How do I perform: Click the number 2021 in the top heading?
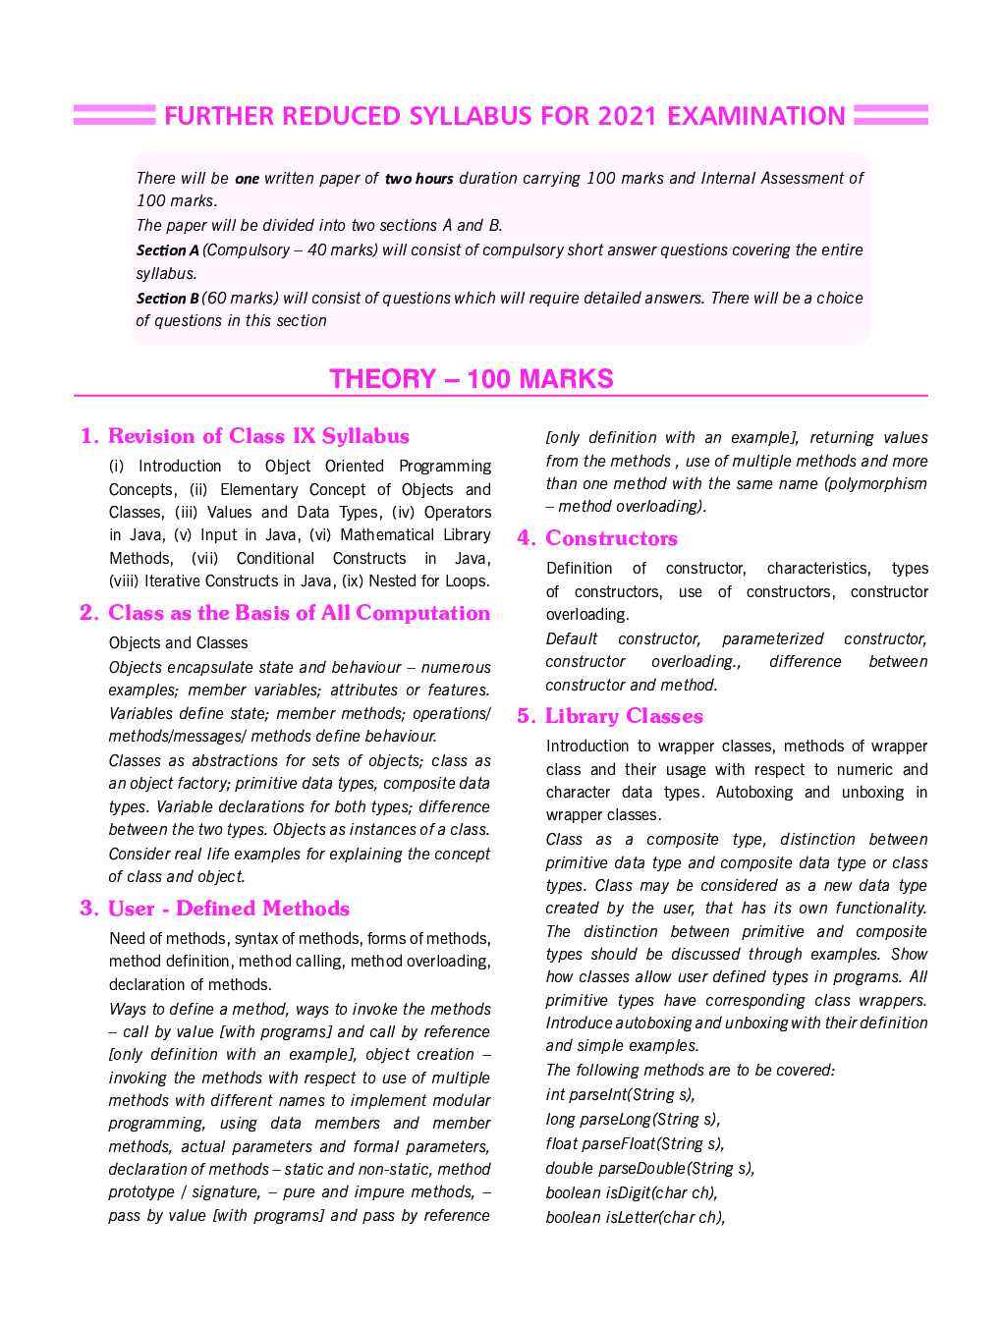click(x=626, y=116)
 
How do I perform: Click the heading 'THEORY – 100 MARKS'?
click(x=472, y=379)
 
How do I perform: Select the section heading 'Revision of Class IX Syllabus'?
click(x=258, y=436)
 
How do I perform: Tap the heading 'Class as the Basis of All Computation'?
click(x=299, y=613)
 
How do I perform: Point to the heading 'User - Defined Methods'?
click(x=229, y=909)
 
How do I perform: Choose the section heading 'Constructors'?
click(x=611, y=538)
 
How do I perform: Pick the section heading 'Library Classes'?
click(x=624, y=716)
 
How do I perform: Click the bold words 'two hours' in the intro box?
click(x=418, y=179)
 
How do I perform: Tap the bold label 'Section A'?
click(x=167, y=250)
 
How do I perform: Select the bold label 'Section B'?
click(x=167, y=299)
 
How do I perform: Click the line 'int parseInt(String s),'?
click(x=621, y=1094)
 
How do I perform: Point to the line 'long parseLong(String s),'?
click(x=633, y=1119)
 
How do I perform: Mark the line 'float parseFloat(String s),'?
click(x=635, y=1143)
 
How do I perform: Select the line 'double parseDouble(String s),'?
click(x=650, y=1168)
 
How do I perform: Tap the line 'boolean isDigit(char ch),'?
click(x=632, y=1192)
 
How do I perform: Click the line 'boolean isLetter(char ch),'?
click(x=636, y=1217)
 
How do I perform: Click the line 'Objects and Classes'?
click(x=179, y=642)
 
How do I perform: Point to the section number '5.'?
click(x=527, y=716)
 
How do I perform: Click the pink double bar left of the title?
click(x=114, y=116)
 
